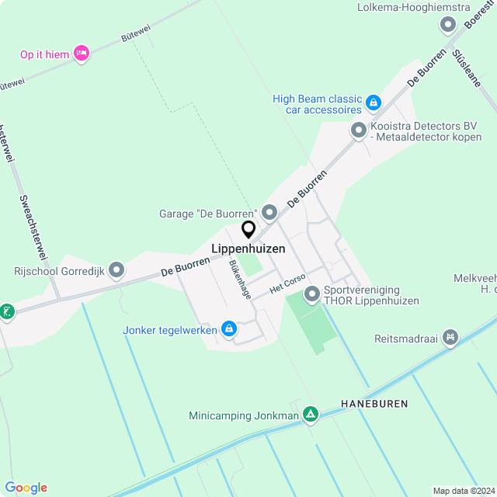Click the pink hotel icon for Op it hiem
tap(82, 53)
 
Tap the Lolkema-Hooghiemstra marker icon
tap(448, 26)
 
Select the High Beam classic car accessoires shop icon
tap(374, 102)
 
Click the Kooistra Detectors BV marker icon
tap(358, 130)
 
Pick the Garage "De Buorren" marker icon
tap(269, 212)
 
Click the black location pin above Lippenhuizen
tap(248, 230)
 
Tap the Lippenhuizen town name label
tap(248, 249)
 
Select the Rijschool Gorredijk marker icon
tap(116, 270)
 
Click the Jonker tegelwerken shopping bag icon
tap(229, 330)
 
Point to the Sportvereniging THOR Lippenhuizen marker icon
tap(312, 294)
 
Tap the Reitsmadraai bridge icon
tap(449, 338)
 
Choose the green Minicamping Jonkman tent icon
tap(311, 415)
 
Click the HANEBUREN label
tap(374, 405)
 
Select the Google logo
tap(26, 488)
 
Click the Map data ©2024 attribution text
tap(463, 491)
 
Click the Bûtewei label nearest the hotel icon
tap(136, 32)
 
